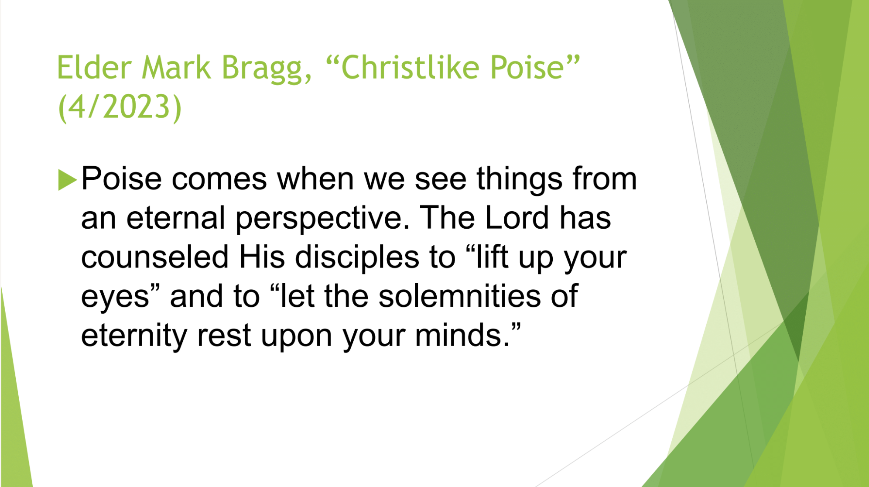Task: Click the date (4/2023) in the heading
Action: pos(120,107)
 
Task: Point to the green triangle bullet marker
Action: pos(67,179)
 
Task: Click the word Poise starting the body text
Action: pos(121,178)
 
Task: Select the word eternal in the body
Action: pos(175,218)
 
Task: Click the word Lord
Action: pos(517,218)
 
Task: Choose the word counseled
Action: pos(155,257)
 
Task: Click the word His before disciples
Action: pos(262,257)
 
